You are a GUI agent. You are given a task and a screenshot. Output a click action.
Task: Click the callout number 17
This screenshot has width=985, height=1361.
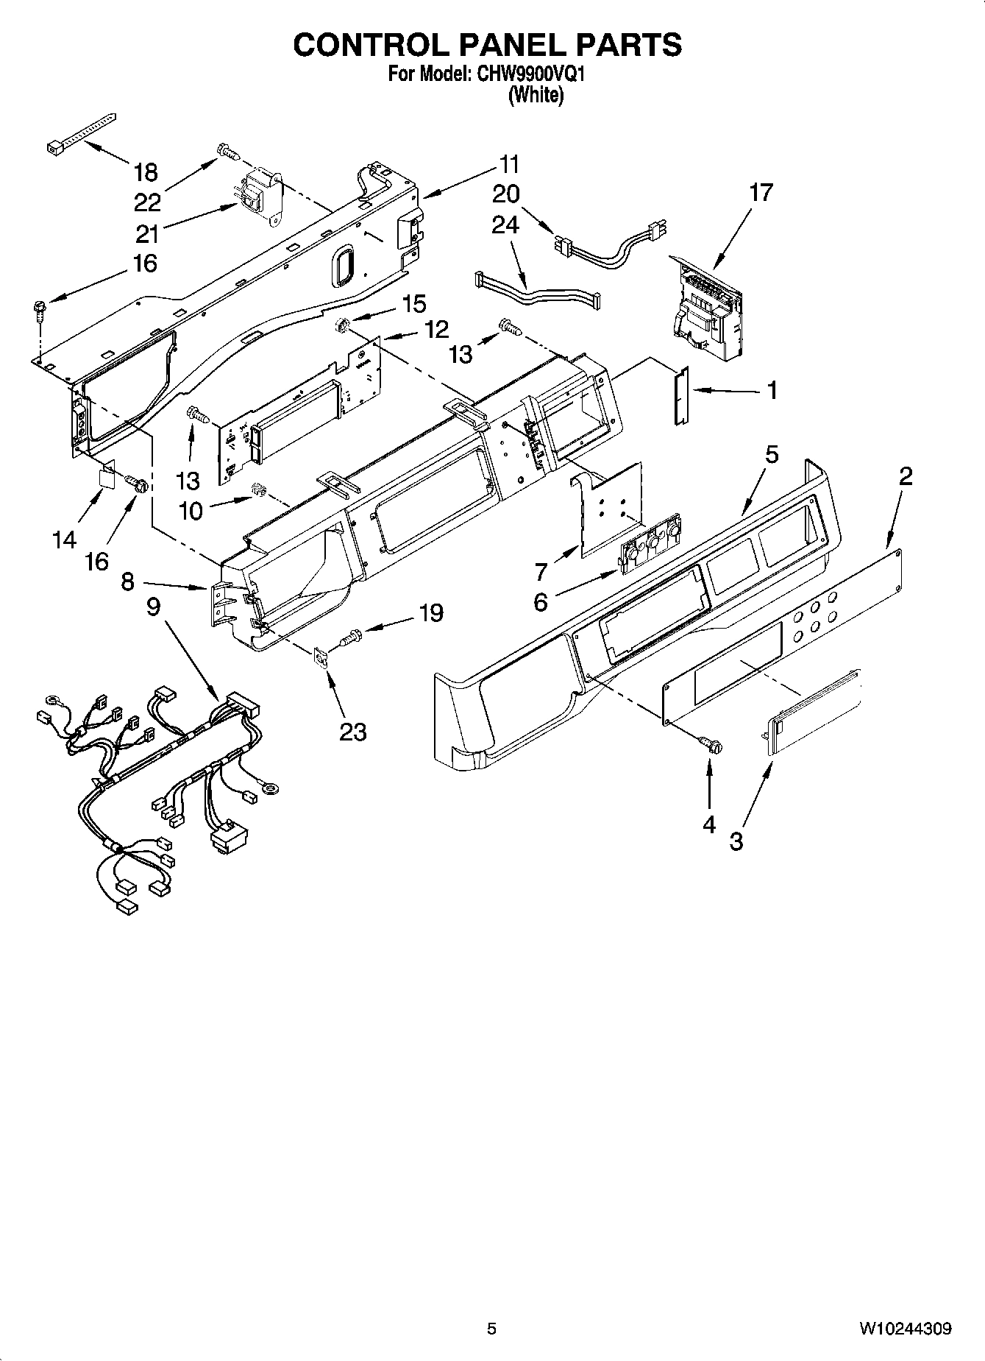pyautogui.click(x=761, y=193)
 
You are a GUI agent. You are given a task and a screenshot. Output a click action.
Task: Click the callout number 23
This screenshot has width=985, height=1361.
pyautogui.click(x=352, y=732)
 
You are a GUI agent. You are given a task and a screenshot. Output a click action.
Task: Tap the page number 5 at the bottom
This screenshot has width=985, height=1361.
pyautogui.click(x=491, y=1329)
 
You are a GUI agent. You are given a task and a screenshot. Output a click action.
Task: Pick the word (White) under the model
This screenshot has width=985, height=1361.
pyautogui.click(x=536, y=96)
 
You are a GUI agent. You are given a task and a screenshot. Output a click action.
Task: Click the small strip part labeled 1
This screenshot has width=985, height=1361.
pyautogui.click(x=679, y=397)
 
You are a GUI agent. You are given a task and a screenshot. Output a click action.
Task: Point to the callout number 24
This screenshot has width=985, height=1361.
pyautogui.click(x=505, y=225)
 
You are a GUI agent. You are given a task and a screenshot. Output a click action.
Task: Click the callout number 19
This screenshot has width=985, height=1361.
pyautogui.click(x=431, y=612)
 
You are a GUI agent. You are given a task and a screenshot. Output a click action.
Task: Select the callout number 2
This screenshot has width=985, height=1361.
pyautogui.click(x=905, y=476)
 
